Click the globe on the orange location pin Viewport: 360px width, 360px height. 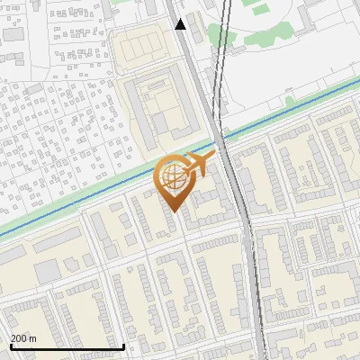click(173, 177)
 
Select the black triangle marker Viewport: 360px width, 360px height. click(181, 23)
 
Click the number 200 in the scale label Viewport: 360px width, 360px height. click(19, 338)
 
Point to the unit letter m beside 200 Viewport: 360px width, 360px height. click(33, 338)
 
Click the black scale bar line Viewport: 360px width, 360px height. click(67, 346)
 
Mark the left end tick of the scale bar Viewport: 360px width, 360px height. click(10, 345)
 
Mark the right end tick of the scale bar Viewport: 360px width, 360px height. click(123, 345)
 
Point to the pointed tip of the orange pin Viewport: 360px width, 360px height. click(173, 211)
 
